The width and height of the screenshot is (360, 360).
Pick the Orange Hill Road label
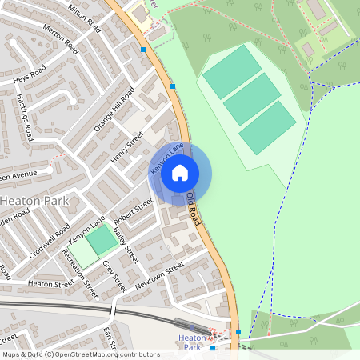click(114, 110)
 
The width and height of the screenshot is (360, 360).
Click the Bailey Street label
click(126, 245)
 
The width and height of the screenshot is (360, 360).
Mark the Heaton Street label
click(50, 282)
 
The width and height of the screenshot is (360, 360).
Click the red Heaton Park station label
click(191, 342)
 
